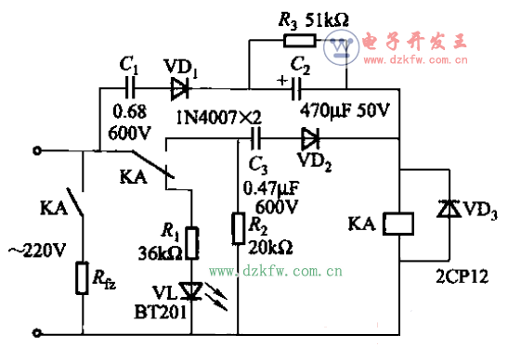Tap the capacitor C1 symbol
131,89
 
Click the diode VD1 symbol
178,89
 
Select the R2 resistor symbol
239,226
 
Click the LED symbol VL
192,292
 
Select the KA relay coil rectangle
398,224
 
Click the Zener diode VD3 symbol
449,212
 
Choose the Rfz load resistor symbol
82,276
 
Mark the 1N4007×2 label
218,116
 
